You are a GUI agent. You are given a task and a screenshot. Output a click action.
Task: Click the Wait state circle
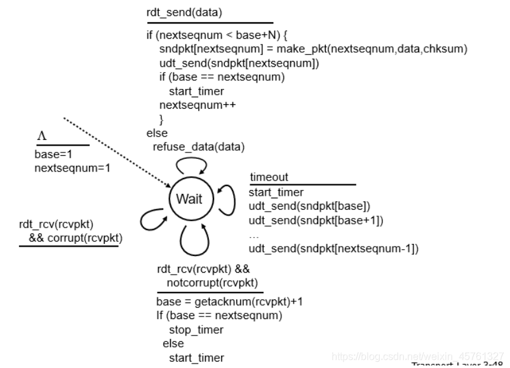click(x=189, y=199)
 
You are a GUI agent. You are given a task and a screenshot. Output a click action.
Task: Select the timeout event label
click(x=269, y=178)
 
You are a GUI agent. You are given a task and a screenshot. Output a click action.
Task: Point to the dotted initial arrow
click(x=117, y=153)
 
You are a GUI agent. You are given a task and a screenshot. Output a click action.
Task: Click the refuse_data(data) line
click(x=198, y=147)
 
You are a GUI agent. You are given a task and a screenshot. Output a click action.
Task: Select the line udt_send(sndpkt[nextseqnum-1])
click(x=333, y=249)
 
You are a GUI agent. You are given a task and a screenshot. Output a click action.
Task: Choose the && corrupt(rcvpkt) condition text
click(x=75, y=238)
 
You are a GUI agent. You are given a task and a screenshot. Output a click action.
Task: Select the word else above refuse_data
click(x=157, y=133)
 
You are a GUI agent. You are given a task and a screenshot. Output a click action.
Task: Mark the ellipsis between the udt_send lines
click(x=254, y=235)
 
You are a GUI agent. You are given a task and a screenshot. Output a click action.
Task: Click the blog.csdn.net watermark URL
click(x=419, y=357)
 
